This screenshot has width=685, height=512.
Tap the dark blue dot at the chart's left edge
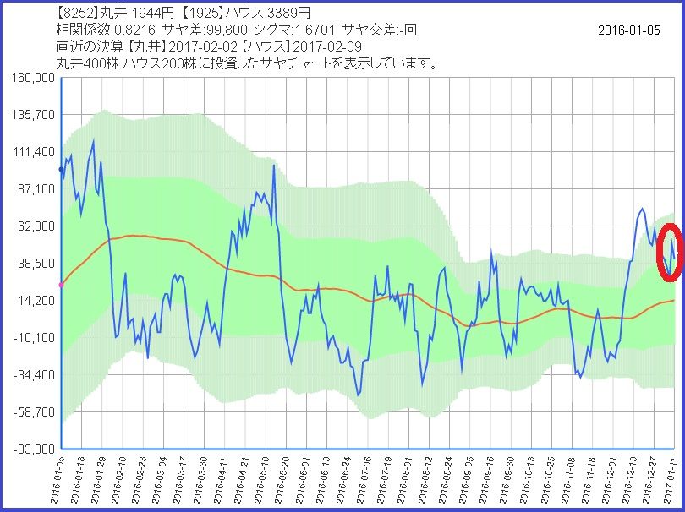point(61,170)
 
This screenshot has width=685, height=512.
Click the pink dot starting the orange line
point(61,285)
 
